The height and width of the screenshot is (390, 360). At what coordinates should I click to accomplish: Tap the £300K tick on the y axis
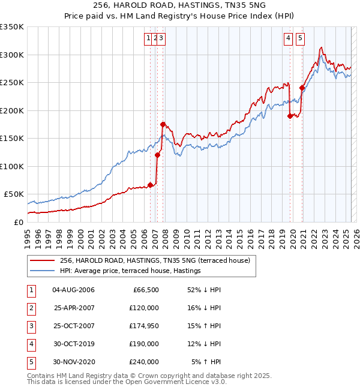point(11,55)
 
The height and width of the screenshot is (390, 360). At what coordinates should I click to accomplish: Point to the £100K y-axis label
point(11,166)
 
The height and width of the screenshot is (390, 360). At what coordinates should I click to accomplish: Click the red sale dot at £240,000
point(302,88)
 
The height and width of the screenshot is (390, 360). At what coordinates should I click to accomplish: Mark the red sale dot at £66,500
point(150,185)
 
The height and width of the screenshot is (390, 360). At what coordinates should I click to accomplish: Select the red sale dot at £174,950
point(163,124)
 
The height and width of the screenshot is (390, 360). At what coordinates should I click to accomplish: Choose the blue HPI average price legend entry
point(130,271)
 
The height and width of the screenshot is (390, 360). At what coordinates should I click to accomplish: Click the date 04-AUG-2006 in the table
point(74,290)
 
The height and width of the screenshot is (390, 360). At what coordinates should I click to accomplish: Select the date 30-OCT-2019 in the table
point(74,344)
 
